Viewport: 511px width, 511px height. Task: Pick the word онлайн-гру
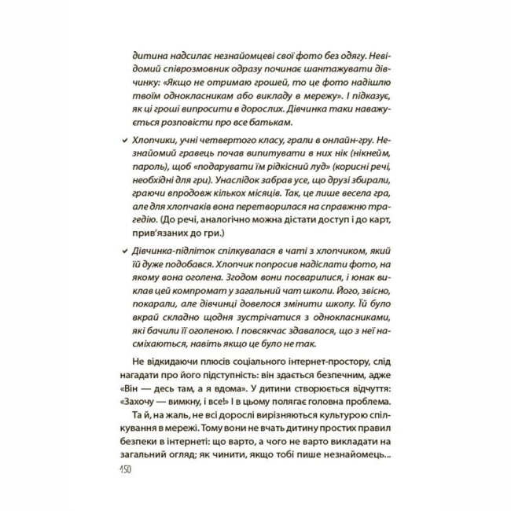pyautogui.click(x=364, y=138)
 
